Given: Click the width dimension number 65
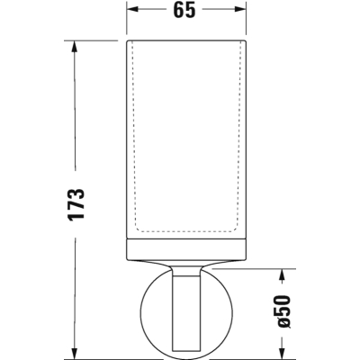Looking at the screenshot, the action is [x=184, y=10].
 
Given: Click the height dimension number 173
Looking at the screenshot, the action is [x=76, y=205].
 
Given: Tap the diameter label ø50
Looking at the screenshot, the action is [x=283, y=311].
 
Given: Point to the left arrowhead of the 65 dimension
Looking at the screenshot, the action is [x=132, y=9].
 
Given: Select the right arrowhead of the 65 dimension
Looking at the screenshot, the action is [x=240, y=9].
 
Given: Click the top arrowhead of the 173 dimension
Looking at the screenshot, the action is [x=74, y=47].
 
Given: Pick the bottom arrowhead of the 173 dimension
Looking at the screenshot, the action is [x=74, y=352].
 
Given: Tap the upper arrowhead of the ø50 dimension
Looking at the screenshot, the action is [x=282, y=275].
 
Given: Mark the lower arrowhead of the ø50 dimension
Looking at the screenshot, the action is [x=282, y=352].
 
